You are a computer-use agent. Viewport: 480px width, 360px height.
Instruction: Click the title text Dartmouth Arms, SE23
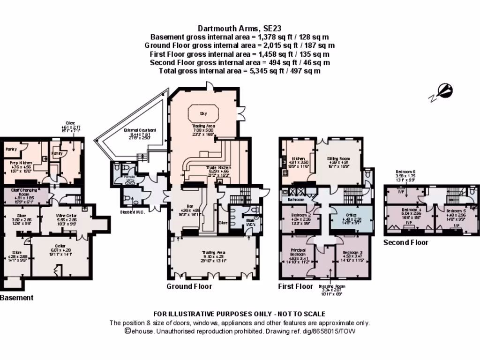click(x=240, y=28)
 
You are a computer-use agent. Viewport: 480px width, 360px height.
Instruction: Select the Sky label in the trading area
click(x=203, y=113)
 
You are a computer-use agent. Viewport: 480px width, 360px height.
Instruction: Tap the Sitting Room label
click(x=338, y=159)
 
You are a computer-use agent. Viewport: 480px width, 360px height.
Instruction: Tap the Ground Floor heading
click(x=189, y=286)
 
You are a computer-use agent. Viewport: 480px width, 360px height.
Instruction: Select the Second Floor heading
click(x=405, y=243)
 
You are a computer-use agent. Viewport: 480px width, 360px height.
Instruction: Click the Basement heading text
click(x=17, y=298)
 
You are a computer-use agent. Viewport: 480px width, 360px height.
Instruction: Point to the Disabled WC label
click(x=133, y=212)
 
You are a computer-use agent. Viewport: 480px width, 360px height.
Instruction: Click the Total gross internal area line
click(x=240, y=71)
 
